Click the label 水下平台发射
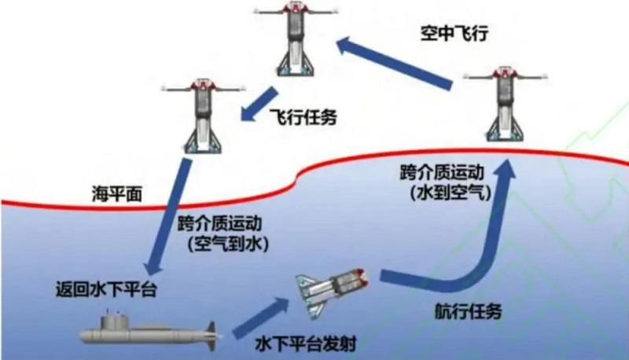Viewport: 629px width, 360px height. tap(300, 343)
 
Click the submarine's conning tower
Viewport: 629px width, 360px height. tap(114, 319)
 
